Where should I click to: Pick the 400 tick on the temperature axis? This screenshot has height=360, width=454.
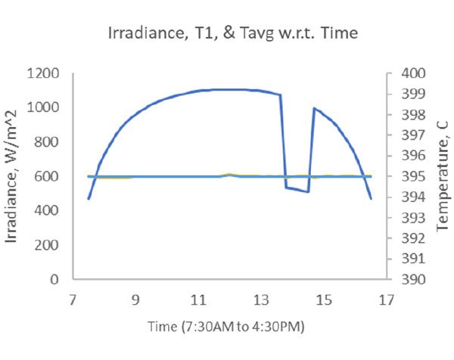tap(406, 74)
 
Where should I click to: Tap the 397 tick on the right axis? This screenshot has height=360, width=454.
tap(406, 135)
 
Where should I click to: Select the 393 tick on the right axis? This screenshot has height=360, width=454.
tap(406, 218)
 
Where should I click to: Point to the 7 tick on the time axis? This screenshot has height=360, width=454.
tap(73, 300)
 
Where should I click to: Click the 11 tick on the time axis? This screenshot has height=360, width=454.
tap(198, 300)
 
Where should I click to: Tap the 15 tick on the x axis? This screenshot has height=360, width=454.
tap(324, 300)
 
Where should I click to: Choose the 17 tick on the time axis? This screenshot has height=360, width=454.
tap(387, 300)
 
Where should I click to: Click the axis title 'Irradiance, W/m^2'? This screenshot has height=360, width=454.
tap(14, 177)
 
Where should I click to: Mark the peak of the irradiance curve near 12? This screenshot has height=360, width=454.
tap(230, 89)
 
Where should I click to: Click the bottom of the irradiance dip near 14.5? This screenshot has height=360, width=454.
tap(309, 191)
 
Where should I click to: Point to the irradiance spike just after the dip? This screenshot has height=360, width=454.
tap(314, 108)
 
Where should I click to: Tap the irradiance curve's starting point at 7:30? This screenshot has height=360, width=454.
tap(89, 199)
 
